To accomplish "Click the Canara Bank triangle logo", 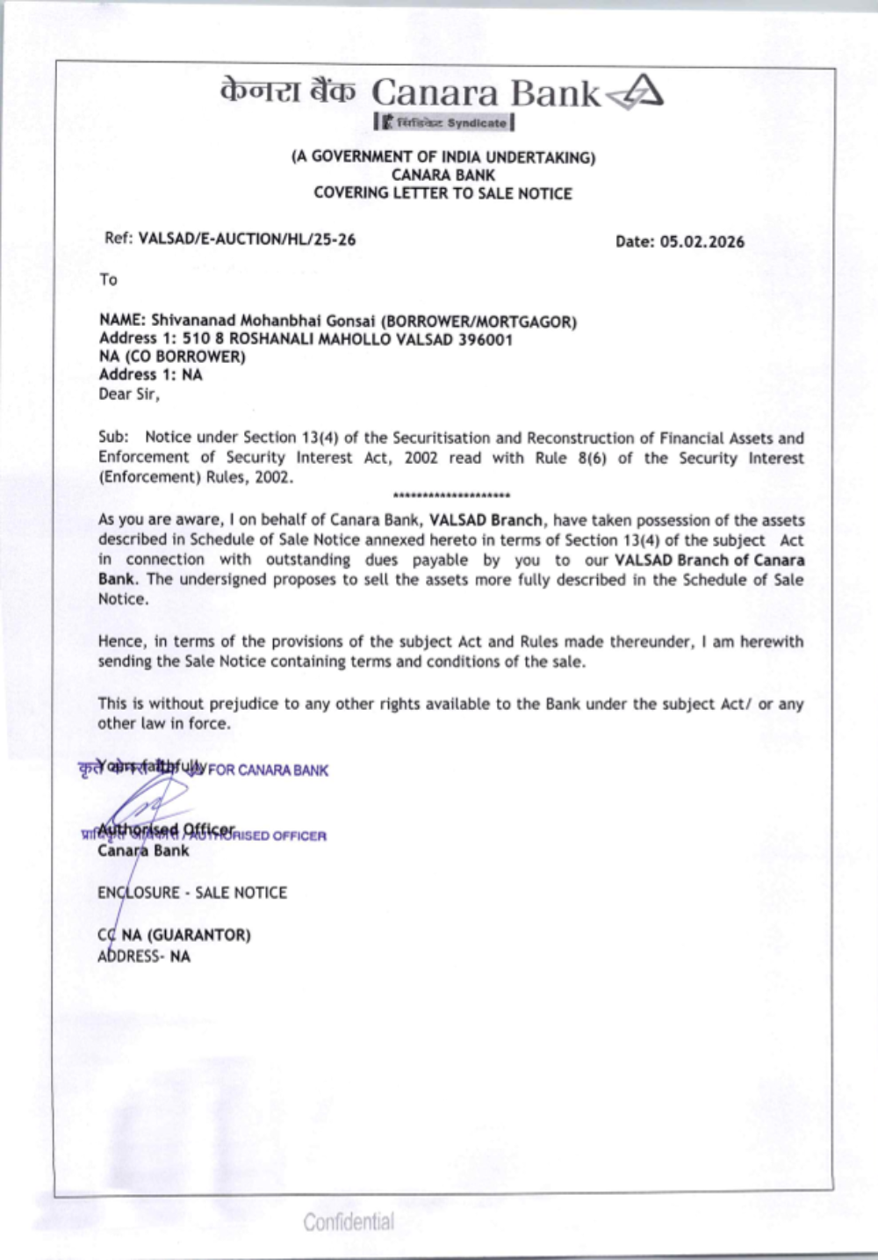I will pos(637,92).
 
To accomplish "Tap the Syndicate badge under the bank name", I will pos(444,123).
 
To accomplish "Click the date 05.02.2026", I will pos(702,242).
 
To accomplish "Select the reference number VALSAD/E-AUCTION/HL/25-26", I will pos(247,239).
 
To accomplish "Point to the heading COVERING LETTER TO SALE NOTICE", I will pos(443,193).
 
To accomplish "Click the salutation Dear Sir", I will pos(129,394).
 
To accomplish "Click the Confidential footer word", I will pos(349,1221).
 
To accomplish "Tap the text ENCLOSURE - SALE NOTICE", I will pos(192,893).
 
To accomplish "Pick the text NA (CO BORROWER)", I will pos(172,357).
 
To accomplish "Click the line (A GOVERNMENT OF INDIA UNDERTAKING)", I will pos(443,158).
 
